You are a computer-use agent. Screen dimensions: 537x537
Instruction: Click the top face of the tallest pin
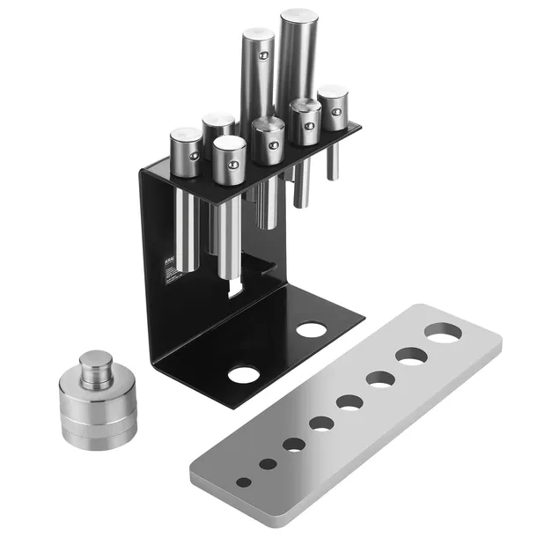pos(298,17)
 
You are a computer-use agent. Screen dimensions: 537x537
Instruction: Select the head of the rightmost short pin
pos(332,92)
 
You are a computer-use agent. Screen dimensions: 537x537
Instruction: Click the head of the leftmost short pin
pos(186,136)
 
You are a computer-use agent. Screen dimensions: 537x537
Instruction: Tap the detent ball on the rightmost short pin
pos(335,113)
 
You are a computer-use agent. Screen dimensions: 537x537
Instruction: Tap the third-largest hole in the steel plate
pos(380,379)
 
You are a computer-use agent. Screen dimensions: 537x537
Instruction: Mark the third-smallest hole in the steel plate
pos(294,444)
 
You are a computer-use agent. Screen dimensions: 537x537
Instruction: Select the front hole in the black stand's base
pos(242,374)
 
